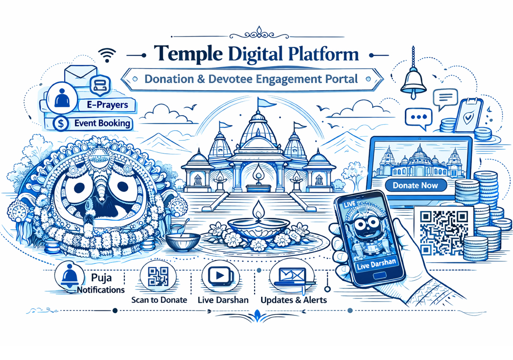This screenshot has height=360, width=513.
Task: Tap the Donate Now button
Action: click(x=415, y=185)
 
